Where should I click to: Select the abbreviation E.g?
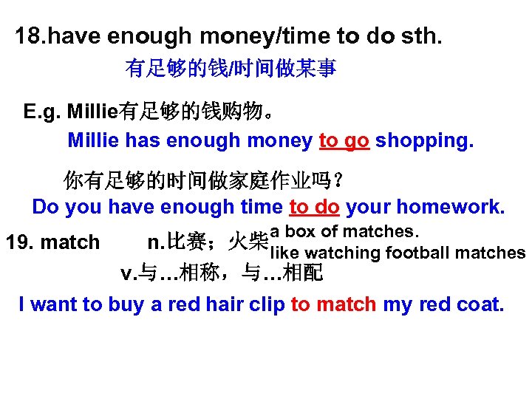(42, 112)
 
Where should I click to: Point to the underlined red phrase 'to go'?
(344, 140)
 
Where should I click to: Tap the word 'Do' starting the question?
(45, 207)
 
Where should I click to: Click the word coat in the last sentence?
(480, 304)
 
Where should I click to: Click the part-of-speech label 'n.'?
(155, 242)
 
